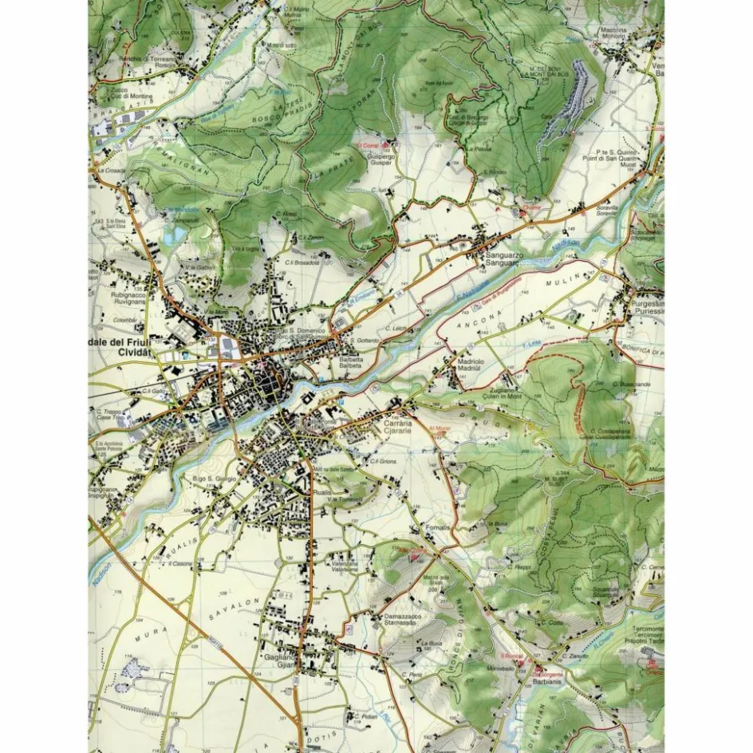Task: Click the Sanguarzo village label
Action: [x=503, y=255]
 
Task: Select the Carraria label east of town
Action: [x=397, y=423]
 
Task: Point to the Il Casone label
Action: [x=176, y=563]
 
